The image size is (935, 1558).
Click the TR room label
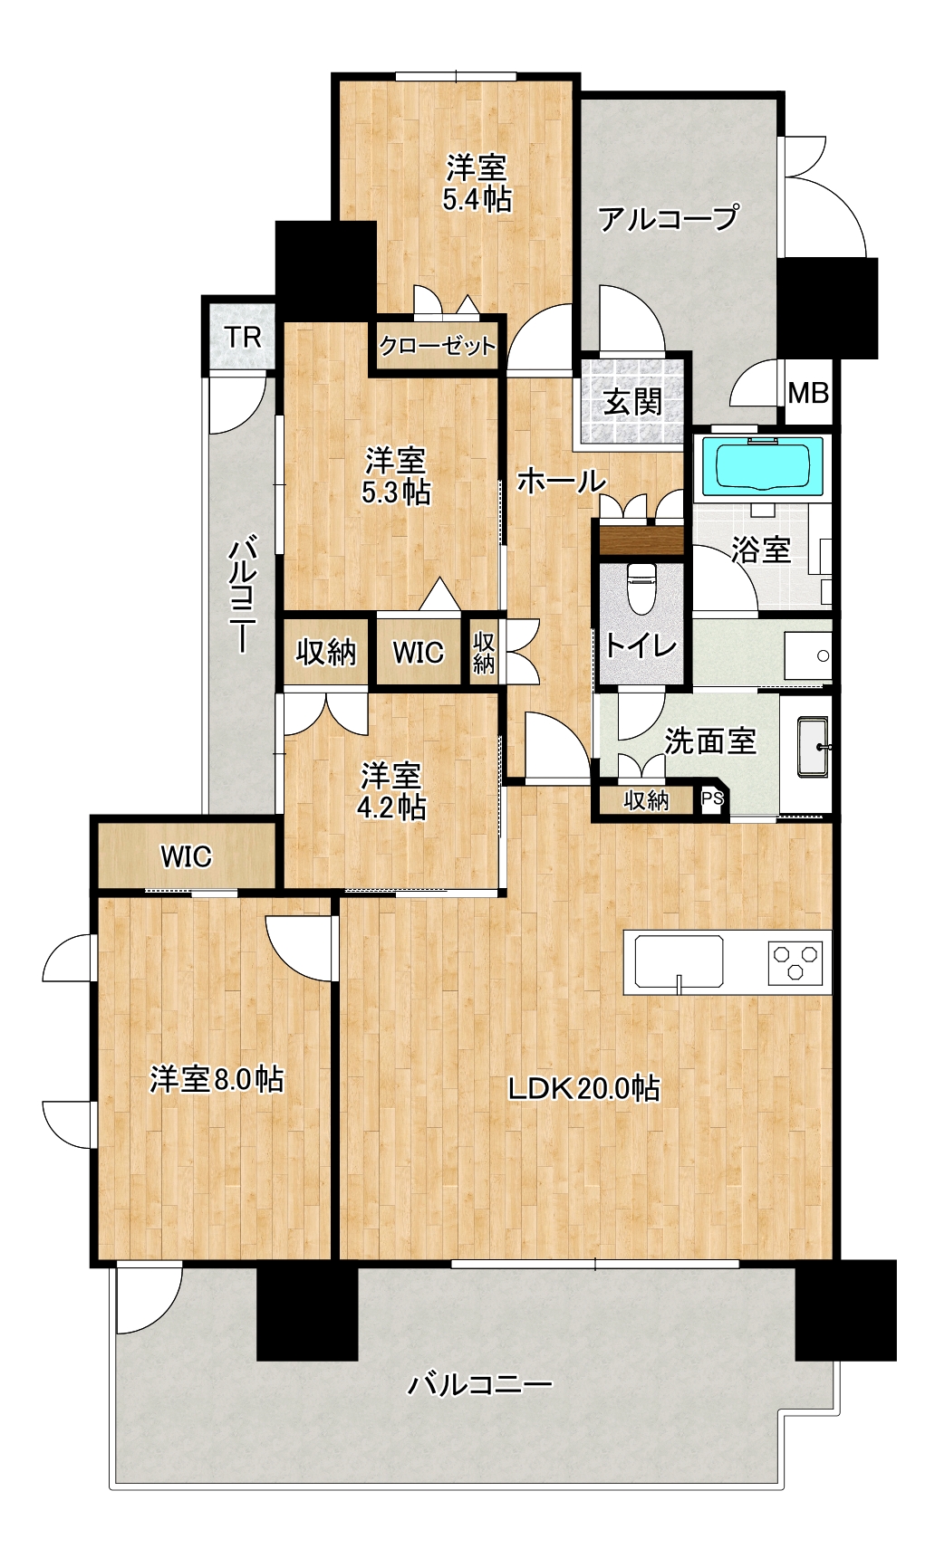243,338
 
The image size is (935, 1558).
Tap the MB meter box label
808,393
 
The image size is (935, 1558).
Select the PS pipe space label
713,799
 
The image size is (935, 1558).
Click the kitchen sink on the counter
679,961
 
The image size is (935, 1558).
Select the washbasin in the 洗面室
813,746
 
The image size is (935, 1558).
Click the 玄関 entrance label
632,401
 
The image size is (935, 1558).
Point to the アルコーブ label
669,218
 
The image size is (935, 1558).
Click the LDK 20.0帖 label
584,1087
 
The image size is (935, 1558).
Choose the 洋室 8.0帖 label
217,1079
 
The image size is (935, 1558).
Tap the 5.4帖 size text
477,199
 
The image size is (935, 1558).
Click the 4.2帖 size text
391,807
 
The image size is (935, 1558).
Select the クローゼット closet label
438,346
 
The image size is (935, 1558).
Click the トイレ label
641,645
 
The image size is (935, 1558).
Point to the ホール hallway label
562,481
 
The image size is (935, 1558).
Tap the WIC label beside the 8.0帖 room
187,856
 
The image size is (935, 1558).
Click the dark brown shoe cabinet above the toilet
641,540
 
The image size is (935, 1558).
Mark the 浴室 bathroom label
761,550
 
